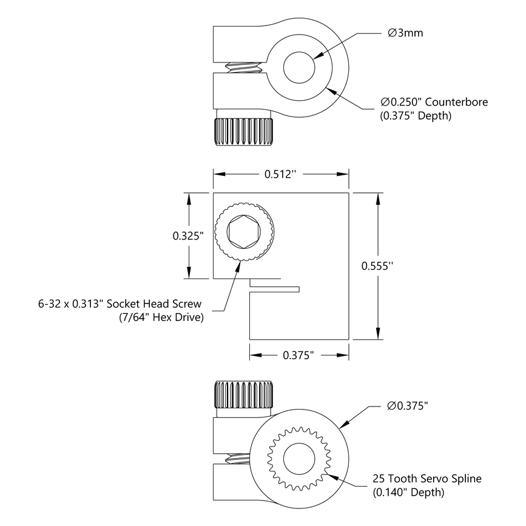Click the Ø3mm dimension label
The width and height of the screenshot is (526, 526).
click(x=405, y=33)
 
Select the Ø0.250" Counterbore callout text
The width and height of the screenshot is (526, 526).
click(x=434, y=101)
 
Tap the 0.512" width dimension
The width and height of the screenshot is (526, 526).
click(x=280, y=174)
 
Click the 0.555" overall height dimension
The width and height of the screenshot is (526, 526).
click(x=377, y=265)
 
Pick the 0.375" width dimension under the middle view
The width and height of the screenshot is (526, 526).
click(x=298, y=356)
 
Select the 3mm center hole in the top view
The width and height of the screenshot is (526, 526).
click(x=299, y=66)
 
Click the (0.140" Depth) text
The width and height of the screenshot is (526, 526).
click(x=408, y=493)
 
